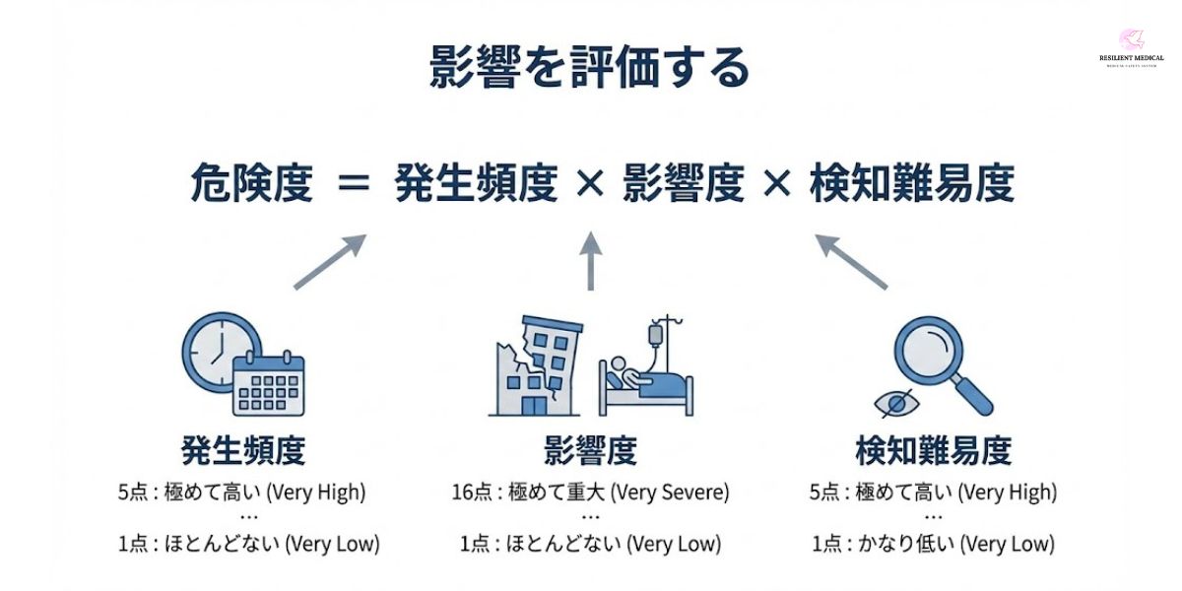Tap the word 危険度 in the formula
251,184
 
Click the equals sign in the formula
353,185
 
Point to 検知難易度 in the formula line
911,184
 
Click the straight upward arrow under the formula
591,261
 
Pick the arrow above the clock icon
330,261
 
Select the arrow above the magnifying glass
852,261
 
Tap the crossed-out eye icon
896,402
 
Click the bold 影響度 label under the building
590,451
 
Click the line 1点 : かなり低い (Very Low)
933,543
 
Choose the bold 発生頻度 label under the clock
243,451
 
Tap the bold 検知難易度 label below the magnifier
933,451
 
